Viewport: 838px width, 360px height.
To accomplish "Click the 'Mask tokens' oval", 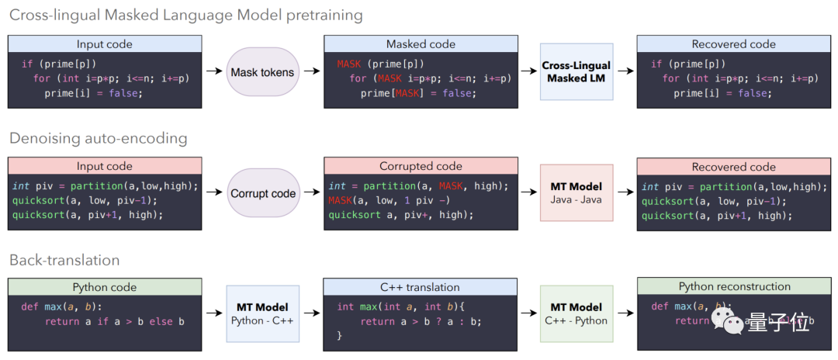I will click(x=262, y=72).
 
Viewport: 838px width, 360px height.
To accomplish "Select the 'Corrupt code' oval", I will click(x=263, y=193).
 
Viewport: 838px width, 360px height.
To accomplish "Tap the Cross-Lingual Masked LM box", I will click(x=577, y=72).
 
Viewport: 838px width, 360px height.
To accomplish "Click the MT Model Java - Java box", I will click(x=577, y=193).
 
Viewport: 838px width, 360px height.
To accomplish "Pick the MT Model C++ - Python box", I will click(x=577, y=313).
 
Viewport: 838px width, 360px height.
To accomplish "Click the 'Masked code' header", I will click(x=421, y=44).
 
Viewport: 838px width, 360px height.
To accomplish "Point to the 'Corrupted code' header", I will click(x=421, y=166).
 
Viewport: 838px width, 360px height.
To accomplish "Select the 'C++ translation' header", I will click(x=421, y=287).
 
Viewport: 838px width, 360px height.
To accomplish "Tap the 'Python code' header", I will click(x=105, y=287).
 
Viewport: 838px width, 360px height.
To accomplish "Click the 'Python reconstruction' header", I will click(x=734, y=287).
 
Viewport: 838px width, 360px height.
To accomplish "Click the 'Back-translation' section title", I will click(x=64, y=260).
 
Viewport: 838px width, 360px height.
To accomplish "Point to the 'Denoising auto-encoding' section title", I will click(x=98, y=139).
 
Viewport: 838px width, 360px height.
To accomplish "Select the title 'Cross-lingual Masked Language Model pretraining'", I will click(x=185, y=16).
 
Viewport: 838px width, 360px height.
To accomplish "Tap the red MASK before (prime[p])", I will click(x=349, y=64).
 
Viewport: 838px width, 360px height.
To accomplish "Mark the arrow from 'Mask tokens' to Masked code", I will click(x=312, y=72).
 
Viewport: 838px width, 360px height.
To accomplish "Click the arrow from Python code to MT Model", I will click(x=213, y=313).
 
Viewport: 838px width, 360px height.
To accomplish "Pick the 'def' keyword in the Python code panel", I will click(x=29, y=306).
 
